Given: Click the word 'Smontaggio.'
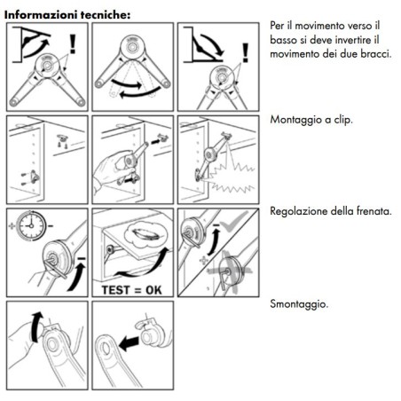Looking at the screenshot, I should tap(298, 304).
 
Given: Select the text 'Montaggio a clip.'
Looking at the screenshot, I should tap(311, 119).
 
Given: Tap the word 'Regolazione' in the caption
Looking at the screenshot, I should tap(301, 211).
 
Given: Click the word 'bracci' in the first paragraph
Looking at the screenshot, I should tap(373, 58).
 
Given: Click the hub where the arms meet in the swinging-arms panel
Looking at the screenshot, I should tap(133, 54).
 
